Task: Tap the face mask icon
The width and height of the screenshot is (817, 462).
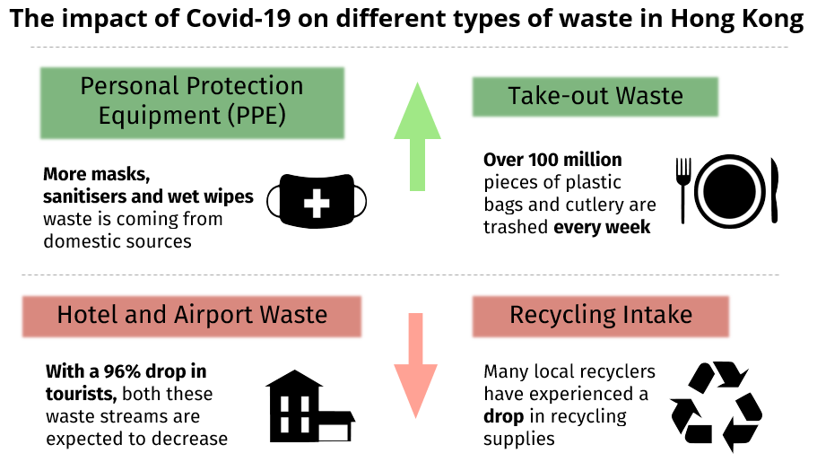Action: click(317, 199)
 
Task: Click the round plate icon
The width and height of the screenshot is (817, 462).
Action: click(727, 189)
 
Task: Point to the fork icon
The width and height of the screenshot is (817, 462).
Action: click(684, 189)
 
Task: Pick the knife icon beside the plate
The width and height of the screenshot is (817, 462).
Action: click(773, 189)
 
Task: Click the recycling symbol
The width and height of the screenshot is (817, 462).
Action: click(716, 406)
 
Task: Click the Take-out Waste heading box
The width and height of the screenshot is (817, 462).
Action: click(595, 96)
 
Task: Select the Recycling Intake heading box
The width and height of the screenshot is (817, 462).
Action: click(600, 315)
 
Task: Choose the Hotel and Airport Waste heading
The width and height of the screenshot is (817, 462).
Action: click(192, 315)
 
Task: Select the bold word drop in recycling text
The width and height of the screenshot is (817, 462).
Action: click(503, 417)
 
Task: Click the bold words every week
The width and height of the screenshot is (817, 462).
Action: click(602, 227)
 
